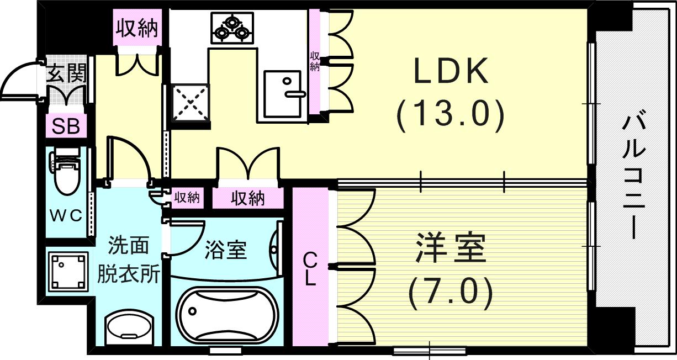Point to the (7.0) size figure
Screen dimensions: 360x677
pos(450,293)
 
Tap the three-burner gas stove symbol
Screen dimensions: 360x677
pos(231,29)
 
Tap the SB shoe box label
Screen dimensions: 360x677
pos(66,126)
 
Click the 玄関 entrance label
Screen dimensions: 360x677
pos(65,73)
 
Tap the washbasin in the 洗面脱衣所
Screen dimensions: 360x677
pos(129,326)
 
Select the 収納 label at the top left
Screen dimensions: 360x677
pos(136,28)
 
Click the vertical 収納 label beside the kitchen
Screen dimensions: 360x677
pos(315,61)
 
